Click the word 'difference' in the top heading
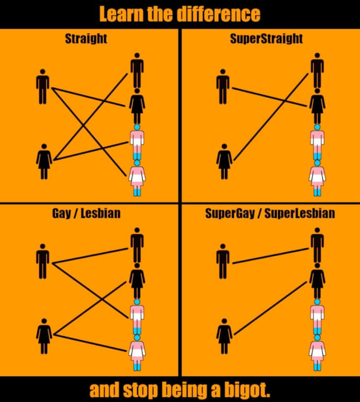pos(219,14)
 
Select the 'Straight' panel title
pos(86,39)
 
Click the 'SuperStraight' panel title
pos(266,39)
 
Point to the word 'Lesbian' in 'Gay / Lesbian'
pos(101,214)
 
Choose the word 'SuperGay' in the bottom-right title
pos(230,214)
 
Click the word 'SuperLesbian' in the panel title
pos(300,214)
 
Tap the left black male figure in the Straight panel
pos(42,87)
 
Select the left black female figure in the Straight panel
pos(44,162)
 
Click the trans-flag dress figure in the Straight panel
pos(137,178)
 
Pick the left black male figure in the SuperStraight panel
pos(223,87)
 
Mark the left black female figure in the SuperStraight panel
pos(224,162)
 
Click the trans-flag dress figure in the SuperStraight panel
pos(318,178)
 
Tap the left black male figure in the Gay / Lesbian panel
pos(42,261)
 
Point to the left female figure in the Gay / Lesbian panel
pos(44,336)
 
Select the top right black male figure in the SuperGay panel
pos(318,245)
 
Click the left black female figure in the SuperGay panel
pos(224,336)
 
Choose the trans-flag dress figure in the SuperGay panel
pos(318,353)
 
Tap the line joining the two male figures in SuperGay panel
pos(270,256)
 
